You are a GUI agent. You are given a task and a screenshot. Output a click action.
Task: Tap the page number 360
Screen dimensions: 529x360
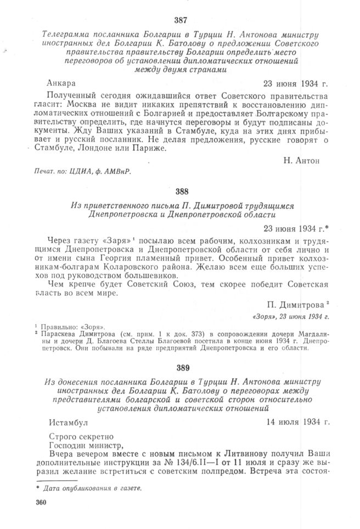[40, 503]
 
